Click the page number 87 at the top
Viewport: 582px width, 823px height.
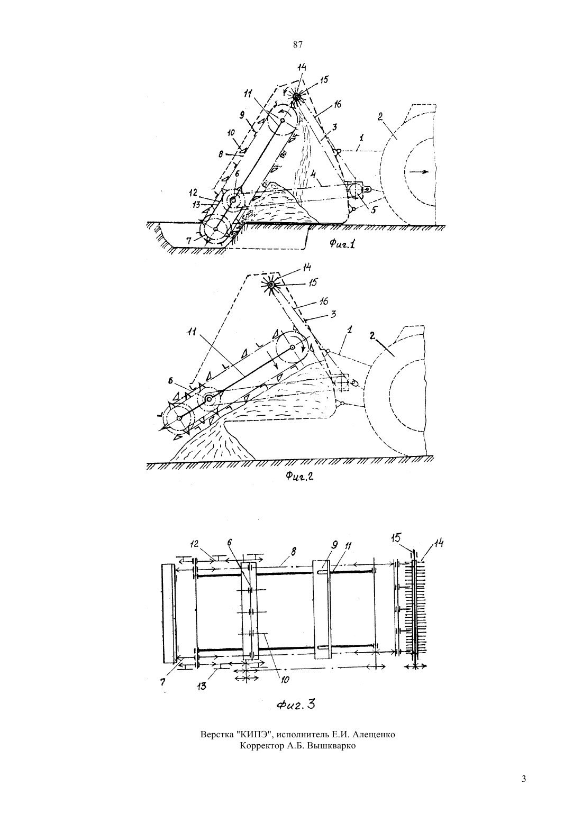297,45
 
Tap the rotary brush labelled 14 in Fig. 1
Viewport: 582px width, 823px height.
296,97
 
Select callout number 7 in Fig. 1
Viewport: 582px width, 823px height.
188,241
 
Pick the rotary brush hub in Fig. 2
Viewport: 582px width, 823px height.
271,285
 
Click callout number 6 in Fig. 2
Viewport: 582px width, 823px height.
170,381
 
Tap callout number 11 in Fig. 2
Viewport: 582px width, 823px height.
192,332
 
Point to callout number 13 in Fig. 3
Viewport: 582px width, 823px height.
202,686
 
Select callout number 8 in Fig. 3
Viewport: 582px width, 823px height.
294,552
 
